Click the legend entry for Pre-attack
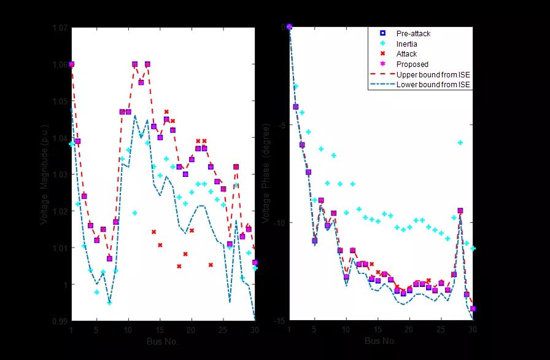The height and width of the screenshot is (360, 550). pos(413,34)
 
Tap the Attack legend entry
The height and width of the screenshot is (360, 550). pos(406,54)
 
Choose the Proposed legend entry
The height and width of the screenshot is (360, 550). pos(412,64)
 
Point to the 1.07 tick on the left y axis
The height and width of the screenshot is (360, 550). pos(61,28)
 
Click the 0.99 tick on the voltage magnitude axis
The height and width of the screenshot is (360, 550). pos(61,321)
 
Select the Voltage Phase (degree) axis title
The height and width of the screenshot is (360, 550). pos(265,173)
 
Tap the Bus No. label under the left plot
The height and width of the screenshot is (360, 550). pos(163,341)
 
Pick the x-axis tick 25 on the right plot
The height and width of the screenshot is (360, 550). pos(441,330)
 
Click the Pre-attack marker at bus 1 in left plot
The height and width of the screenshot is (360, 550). pos(71,64)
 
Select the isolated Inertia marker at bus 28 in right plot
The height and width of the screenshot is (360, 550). pos(460,143)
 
